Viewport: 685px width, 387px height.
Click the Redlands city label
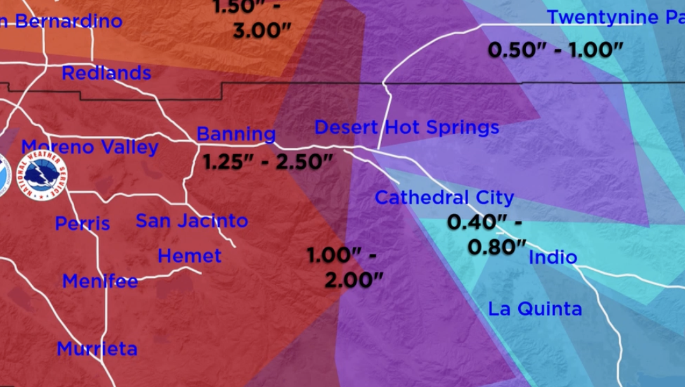click(106, 74)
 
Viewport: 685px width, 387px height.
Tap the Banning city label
click(236, 134)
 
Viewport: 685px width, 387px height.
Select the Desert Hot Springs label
click(407, 128)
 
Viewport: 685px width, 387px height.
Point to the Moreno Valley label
click(89, 147)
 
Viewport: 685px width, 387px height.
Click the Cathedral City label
click(444, 197)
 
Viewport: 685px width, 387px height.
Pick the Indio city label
click(552, 257)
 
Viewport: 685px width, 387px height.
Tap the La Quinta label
click(535, 309)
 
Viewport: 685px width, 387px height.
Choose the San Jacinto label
click(192, 221)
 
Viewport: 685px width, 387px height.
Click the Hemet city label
click(190, 256)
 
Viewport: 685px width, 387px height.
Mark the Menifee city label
click(100, 281)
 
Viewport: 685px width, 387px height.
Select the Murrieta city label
click(96, 349)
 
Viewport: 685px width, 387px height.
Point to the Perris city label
click(82, 223)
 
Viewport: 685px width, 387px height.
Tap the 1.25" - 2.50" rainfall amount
click(268, 162)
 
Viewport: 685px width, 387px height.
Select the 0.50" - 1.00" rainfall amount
click(556, 50)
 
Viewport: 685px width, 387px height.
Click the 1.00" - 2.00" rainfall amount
click(345, 267)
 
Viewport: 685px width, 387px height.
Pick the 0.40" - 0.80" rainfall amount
click(487, 234)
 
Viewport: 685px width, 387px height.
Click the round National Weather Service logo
click(42, 176)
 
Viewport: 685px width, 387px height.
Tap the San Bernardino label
click(60, 21)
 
